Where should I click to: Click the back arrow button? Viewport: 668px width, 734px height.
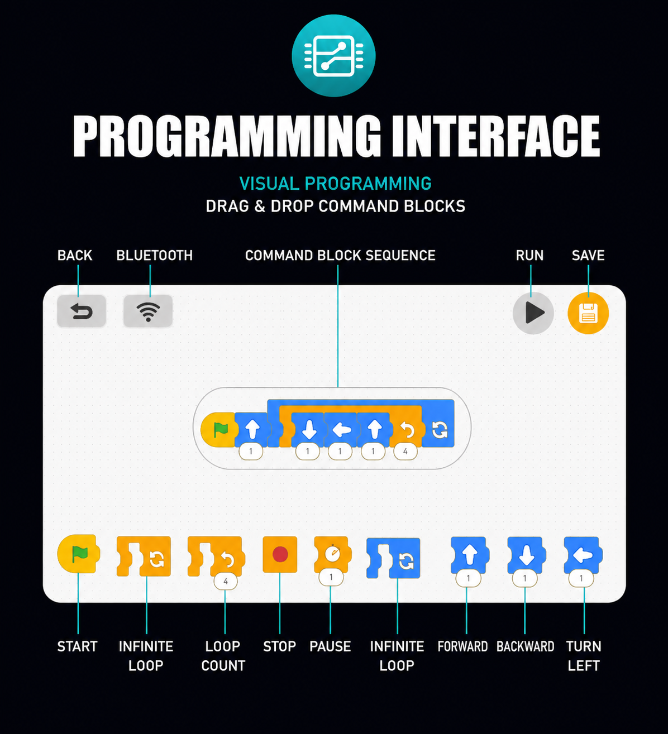point(82,311)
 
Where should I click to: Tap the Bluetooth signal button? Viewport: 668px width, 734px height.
point(148,311)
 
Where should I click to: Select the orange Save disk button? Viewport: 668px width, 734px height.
point(588,313)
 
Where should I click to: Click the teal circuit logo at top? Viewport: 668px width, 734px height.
point(333,56)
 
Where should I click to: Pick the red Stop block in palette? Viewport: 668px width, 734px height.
point(280,554)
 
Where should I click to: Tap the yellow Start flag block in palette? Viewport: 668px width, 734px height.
point(78,554)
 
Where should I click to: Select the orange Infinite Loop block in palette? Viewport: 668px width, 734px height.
point(144,556)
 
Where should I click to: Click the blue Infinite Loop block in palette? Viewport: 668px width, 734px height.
point(393,558)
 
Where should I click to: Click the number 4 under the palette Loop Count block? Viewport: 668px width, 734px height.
point(226,581)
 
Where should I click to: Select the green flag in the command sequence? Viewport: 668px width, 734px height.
point(221,430)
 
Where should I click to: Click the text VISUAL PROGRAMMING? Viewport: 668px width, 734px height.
point(336,183)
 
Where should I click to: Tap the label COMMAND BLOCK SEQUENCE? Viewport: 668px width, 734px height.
point(340,256)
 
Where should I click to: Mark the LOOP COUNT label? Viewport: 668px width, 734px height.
point(223,656)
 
